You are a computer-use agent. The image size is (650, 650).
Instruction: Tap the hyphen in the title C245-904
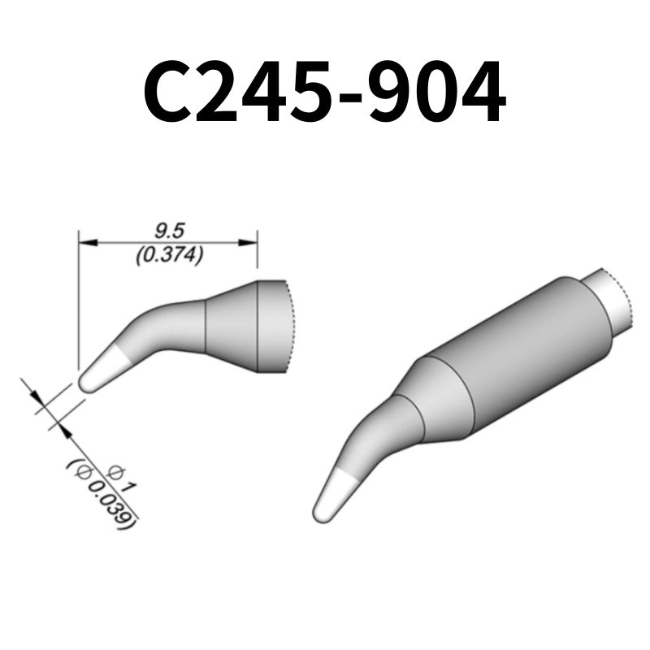[x=352, y=97]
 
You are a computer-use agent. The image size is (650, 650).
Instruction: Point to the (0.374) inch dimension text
[x=169, y=255]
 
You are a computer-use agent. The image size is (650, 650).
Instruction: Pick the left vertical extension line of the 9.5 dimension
[x=78, y=301]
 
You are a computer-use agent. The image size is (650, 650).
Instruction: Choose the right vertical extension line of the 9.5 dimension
[x=258, y=252]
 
